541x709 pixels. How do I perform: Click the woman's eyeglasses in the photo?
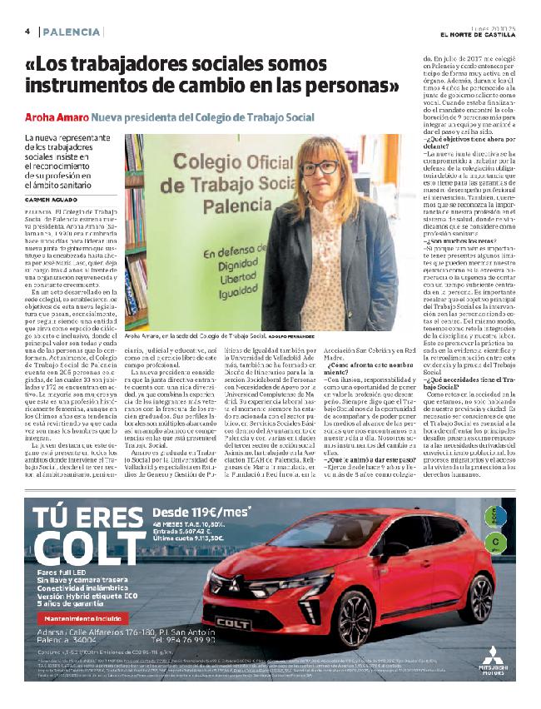320,167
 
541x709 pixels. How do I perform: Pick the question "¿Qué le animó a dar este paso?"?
360,459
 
